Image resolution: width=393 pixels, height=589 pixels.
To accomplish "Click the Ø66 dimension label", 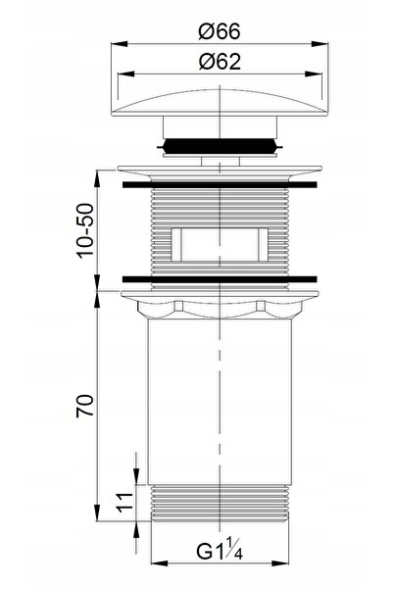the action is click(220, 31).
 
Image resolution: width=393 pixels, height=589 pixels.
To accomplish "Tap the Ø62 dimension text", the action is click(220, 62).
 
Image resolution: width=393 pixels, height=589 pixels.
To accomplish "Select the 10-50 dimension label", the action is click(85, 230).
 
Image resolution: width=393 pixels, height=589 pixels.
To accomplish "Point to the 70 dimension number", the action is click(85, 406).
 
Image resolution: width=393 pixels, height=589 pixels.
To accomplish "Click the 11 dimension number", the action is click(125, 503).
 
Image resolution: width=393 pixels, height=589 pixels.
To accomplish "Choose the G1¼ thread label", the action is click(220, 551).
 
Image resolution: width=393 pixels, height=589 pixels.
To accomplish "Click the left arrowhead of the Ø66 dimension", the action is click(119, 44).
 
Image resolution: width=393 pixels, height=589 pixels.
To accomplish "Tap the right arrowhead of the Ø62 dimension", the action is click(315, 74).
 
